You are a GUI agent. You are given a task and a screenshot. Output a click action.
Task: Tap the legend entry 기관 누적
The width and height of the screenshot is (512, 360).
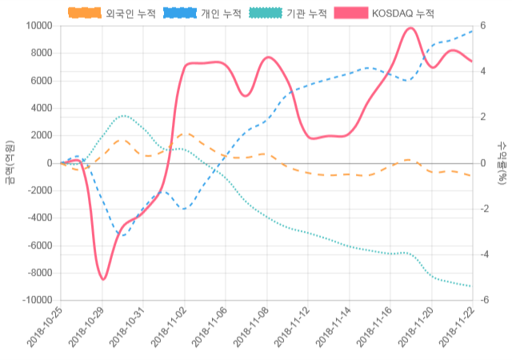tap(290, 14)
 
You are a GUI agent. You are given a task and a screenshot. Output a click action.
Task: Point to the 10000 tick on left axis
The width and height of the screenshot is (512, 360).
tap(38, 26)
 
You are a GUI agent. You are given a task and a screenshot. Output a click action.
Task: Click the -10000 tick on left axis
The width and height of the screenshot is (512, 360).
tap(35, 301)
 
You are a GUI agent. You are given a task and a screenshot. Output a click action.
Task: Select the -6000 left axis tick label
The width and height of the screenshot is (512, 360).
tap(38, 246)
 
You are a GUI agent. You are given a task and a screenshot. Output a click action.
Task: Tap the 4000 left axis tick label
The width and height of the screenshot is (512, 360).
tap(40, 108)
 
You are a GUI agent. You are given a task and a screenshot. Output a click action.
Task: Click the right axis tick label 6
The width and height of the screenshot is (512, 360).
tap(482, 26)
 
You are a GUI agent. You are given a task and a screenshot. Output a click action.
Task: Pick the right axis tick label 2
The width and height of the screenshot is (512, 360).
tap(482, 118)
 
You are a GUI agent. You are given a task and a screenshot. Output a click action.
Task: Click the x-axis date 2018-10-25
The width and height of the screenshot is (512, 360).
tap(45, 329)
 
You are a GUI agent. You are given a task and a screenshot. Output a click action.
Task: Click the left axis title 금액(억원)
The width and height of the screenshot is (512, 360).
tap(10, 163)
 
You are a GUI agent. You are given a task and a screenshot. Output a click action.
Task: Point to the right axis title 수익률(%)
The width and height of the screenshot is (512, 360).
tap(502, 163)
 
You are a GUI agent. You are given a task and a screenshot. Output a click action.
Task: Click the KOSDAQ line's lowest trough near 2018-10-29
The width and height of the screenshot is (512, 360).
tap(103, 279)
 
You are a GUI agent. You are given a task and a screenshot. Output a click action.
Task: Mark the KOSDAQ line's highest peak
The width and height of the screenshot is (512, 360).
tap(410, 28)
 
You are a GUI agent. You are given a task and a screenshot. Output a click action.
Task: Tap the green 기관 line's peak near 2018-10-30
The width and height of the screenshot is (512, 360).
tap(123, 116)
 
